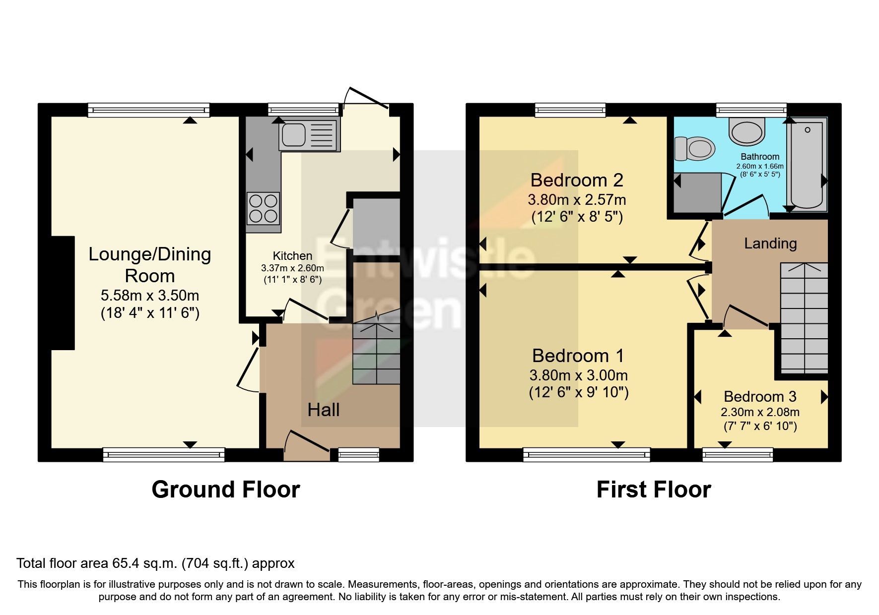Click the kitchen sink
(x=308, y=134)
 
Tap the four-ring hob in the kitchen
(x=263, y=208)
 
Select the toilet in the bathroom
(x=695, y=149)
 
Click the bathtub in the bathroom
(x=807, y=164)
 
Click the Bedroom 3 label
(x=759, y=397)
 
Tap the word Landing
(x=770, y=244)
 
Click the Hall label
(x=323, y=410)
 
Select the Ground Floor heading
(x=225, y=490)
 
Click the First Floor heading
(x=653, y=490)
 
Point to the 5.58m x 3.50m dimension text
(x=150, y=296)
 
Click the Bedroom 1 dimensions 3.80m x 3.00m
(x=578, y=375)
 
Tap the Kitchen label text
(x=292, y=256)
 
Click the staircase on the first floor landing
(x=804, y=317)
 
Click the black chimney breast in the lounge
(x=63, y=293)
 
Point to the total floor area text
(x=155, y=563)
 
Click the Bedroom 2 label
(x=576, y=180)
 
